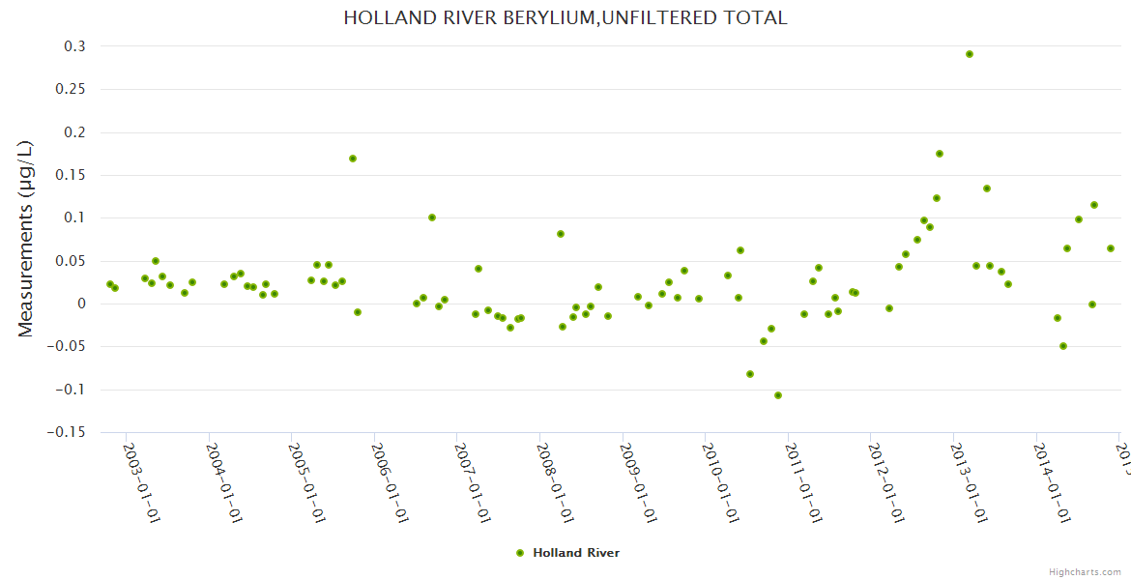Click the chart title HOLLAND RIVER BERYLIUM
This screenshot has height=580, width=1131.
[565, 18]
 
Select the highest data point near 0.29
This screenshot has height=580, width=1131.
[970, 54]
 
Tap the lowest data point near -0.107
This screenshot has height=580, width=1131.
[778, 395]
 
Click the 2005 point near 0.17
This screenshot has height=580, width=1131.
[353, 159]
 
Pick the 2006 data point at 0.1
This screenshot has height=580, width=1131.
[432, 217]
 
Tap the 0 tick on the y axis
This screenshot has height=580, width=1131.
[81, 304]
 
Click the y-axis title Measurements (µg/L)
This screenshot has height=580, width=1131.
[26, 239]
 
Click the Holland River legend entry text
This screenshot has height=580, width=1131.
[576, 553]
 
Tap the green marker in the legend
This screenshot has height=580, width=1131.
[520, 553]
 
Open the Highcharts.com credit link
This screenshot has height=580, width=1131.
[1085, 571]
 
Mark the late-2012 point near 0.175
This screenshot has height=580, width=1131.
[940, 154]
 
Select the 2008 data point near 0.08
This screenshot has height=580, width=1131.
[561, 234]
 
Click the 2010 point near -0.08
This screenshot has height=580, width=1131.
[750, 374]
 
